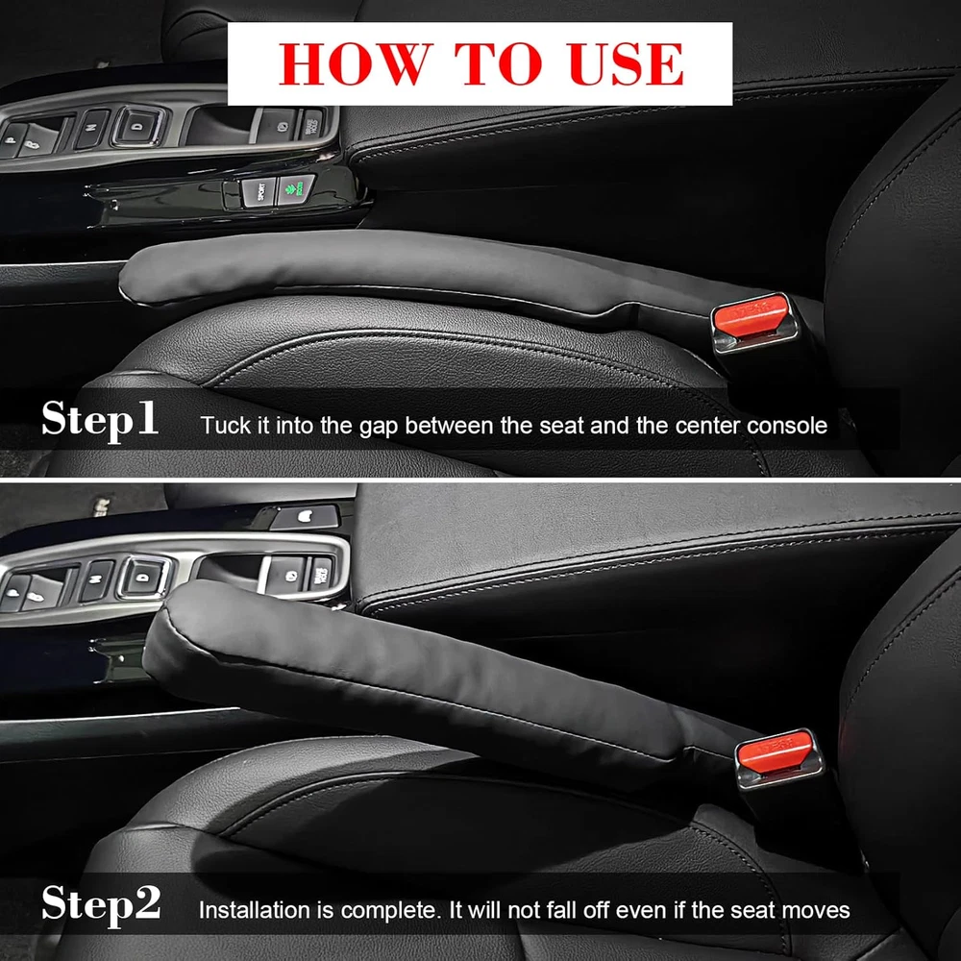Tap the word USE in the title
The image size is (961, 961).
click(x=627, y=63)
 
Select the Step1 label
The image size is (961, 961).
click(x=100, y=419)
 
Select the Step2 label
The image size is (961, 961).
click(x=101, y=903)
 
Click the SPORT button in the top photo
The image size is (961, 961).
click(x=259, y=192)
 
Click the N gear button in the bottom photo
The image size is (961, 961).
click(x=97, y=579)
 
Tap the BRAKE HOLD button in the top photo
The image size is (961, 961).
click(x=310, y=124)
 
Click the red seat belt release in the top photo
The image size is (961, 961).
click(x=749, y=315)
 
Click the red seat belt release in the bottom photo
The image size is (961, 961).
click(x=774, y=751)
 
